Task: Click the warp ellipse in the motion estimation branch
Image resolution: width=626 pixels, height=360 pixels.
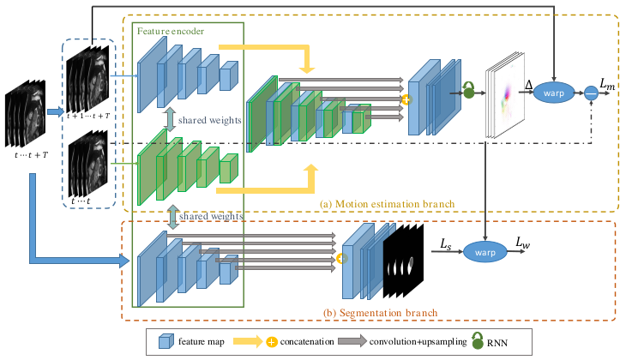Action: tap(554, 93)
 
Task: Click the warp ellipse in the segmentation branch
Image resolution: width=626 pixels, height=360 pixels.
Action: tap(485, 252)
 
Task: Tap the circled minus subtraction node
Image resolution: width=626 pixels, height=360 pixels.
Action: tap(591, 93)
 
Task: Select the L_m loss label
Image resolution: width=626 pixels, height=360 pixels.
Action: tap(607, 84)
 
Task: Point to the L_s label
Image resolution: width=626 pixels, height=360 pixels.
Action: tap(446, 244)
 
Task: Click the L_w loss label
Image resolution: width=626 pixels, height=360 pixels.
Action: tap(522, 243)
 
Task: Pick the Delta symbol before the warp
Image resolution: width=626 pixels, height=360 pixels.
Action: tap(528, 85)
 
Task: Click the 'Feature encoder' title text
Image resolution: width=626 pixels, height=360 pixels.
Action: tap(171, 31)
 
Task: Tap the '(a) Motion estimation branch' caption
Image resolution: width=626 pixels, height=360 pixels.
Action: tap(388, 204)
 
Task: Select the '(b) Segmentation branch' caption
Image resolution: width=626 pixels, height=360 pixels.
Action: tap(380, 313)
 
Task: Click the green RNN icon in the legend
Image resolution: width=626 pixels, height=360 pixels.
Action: tap(478, 340)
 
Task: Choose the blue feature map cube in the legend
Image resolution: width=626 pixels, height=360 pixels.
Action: tap(166, 341)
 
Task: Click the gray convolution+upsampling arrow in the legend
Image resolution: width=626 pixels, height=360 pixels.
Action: tap(352, 341)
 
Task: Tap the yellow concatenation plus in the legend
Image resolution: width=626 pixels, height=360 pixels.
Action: tap(271, 342)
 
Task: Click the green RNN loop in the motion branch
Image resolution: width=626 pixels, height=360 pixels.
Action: tap(468, 90)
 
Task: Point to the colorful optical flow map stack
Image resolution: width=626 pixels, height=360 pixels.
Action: tap(505, 95)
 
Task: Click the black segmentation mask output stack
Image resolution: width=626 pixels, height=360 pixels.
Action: tap(403, 261)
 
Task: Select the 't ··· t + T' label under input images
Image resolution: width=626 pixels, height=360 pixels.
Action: tap(31, 155)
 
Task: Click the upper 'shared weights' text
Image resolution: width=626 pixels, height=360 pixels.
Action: tap(209, 120)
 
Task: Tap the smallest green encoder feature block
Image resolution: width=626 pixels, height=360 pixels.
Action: tap(229, 168)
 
